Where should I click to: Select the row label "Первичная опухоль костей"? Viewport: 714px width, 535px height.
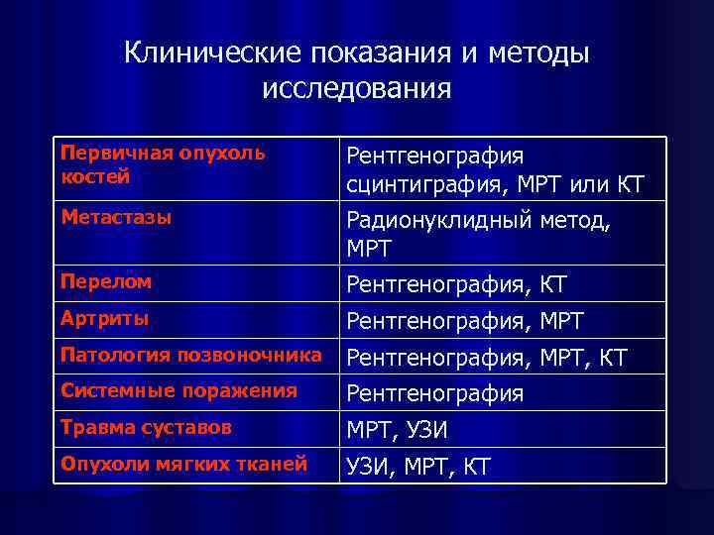[163, 164]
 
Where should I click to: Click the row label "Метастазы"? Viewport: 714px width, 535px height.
[116, 216]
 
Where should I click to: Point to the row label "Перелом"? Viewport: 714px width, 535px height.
[106, 281]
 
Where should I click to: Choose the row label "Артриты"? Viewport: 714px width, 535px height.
[105, 318]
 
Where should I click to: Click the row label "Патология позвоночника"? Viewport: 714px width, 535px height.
[190, 355]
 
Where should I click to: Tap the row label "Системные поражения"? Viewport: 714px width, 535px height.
[178, 390]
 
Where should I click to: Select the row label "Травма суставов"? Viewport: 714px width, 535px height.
[146, 427]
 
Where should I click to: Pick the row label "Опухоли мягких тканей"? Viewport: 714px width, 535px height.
[183, 464]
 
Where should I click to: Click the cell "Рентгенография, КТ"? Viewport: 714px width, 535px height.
[456, 285]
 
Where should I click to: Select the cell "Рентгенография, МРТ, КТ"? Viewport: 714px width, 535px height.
[486, 358]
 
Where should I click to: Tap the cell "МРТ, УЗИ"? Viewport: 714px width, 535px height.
[397, 431]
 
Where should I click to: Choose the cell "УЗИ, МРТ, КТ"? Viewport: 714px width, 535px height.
[417, 467]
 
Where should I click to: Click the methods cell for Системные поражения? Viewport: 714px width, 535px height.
[434, 394]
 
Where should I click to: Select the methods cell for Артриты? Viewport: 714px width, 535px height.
[464, 322]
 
